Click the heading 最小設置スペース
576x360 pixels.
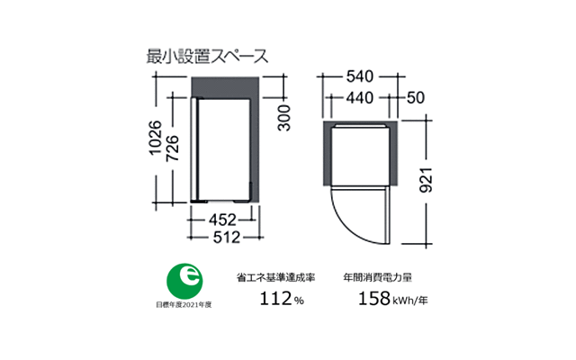click(206, 55)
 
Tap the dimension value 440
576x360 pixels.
click(359, 98)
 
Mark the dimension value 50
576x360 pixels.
click(416, 98)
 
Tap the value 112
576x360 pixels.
click(274, 299)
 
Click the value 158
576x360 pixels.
click(372, 299)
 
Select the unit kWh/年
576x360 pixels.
click(409, 301)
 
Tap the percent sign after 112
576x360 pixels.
click(298, 301)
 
